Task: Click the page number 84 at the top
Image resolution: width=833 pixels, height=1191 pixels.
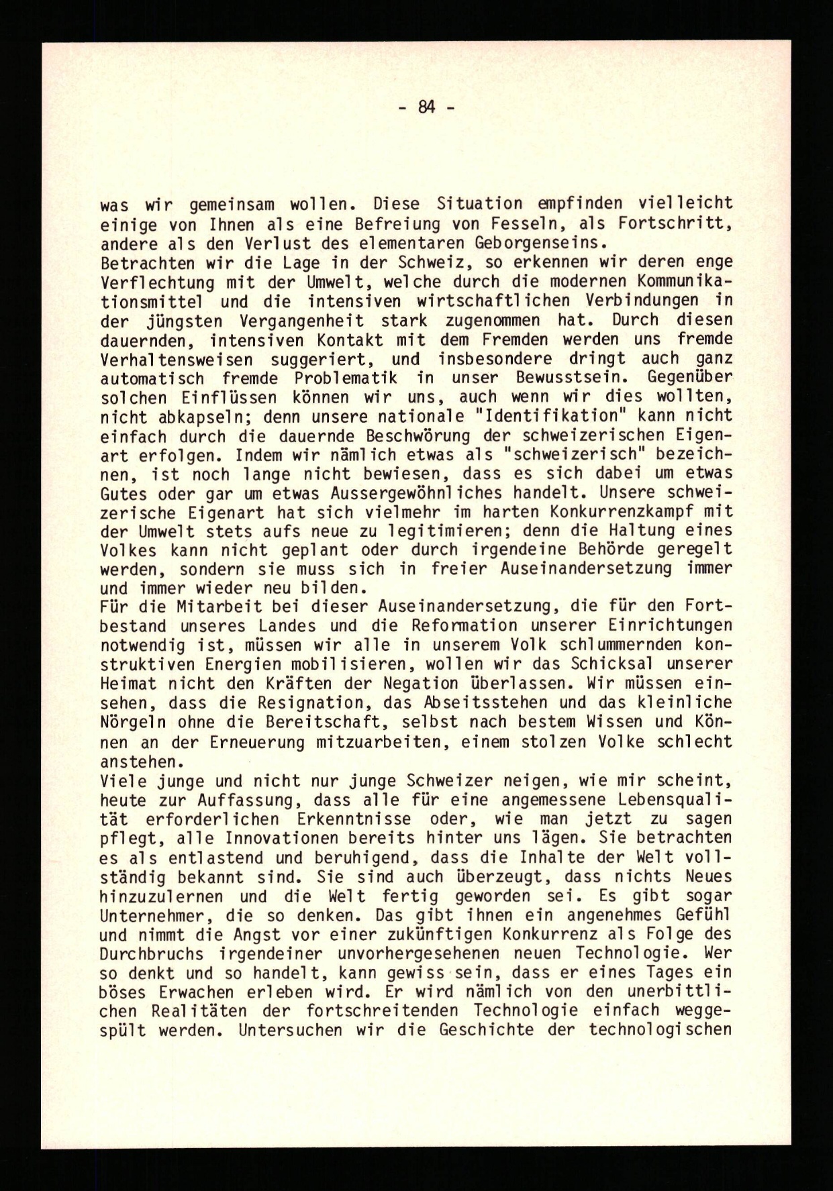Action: [426, 106]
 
